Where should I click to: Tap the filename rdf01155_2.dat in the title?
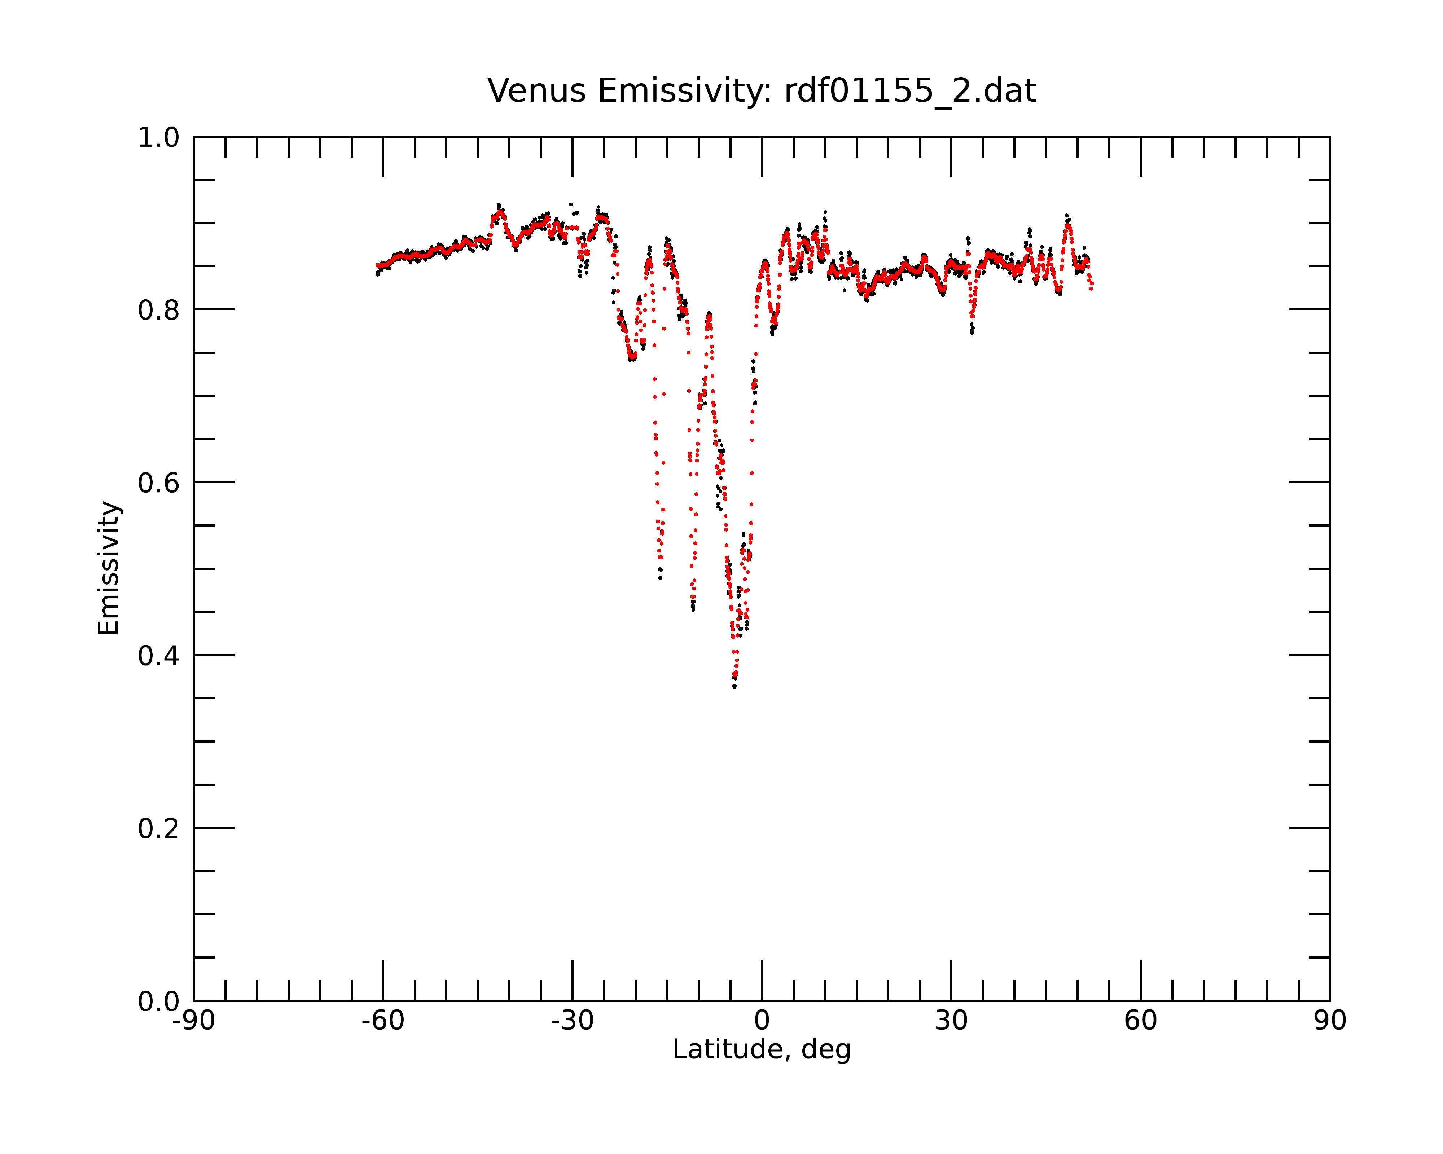coord(910,92)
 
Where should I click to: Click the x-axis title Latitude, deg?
coord(762,1050)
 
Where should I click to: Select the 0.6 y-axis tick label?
coord(159,483)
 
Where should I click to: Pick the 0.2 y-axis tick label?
coord(159,829)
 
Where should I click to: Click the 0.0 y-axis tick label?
coord(159,1001)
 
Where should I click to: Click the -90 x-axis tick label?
coord(193,1021)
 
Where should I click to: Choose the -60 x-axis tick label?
coord(383,1021)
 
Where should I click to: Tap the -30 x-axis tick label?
coord(572,1021)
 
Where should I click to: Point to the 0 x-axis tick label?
coord(762,1021)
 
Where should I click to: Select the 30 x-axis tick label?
coord(951,1021)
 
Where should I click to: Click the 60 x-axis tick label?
coord(1140,1021)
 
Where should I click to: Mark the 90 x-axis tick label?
coord(1330,1021)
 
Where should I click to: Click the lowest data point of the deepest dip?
coord(734,687)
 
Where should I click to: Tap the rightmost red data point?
coord(1092,289)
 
